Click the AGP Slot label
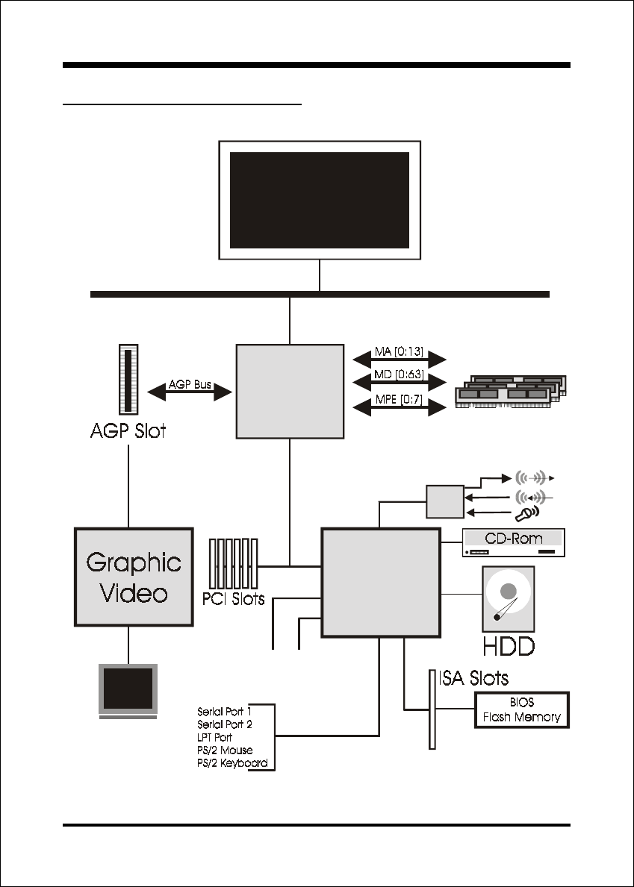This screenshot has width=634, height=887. coord(128,431)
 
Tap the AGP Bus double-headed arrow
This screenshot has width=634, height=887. coord(190,392)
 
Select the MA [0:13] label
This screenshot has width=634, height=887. coord(399,352)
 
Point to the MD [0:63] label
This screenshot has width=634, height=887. coord(399,376)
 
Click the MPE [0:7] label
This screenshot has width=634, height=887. coord(399,399)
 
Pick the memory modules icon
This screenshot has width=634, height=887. coord(512,391)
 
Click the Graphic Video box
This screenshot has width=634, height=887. coord(134,577)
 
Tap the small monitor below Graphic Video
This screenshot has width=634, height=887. coord(128,691)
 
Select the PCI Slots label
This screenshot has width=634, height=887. coord(233,598)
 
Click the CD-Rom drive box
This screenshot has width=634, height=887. coord(514,542)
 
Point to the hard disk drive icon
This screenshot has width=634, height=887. coord(509,599)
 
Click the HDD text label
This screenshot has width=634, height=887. coord(509,646)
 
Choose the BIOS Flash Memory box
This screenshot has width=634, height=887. coord(521,710)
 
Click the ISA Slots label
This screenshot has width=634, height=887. coord(473,677)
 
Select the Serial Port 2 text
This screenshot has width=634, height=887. coord(225,724)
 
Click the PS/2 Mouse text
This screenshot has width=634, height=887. coord(225,750)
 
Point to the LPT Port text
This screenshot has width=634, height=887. coord(214,738)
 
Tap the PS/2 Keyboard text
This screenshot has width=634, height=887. coord(232,764)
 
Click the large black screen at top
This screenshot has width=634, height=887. coord(320,200)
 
